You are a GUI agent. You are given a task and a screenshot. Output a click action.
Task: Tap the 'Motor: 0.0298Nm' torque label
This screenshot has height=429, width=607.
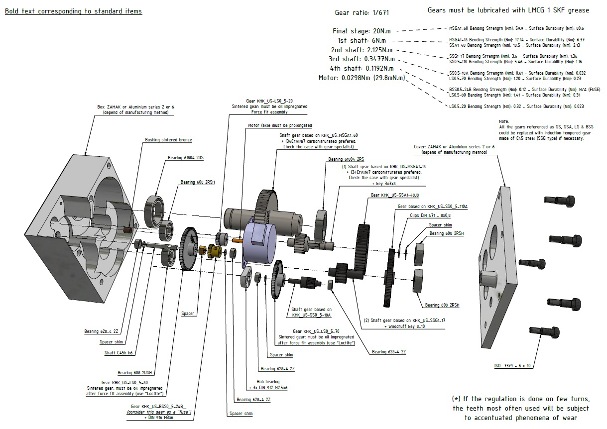[x=362, y=78]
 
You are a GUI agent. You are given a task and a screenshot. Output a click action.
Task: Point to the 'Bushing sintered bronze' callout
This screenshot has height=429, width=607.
[x=168, y=140]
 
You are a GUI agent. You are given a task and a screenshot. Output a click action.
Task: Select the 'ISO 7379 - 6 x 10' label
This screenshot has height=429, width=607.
[x=513, y=366]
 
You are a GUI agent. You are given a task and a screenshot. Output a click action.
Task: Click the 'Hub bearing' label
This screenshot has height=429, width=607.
[x=268, y=382]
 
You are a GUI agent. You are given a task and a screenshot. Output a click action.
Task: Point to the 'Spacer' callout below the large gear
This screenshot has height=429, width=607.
[x=188, y=314]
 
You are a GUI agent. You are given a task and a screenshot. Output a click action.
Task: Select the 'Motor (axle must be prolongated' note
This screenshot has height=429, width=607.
[x=280, y=125]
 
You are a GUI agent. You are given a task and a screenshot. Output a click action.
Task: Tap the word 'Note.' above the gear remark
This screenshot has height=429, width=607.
[x=503, y=121]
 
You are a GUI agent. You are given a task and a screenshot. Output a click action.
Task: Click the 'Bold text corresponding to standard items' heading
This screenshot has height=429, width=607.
[x=73, y=11]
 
